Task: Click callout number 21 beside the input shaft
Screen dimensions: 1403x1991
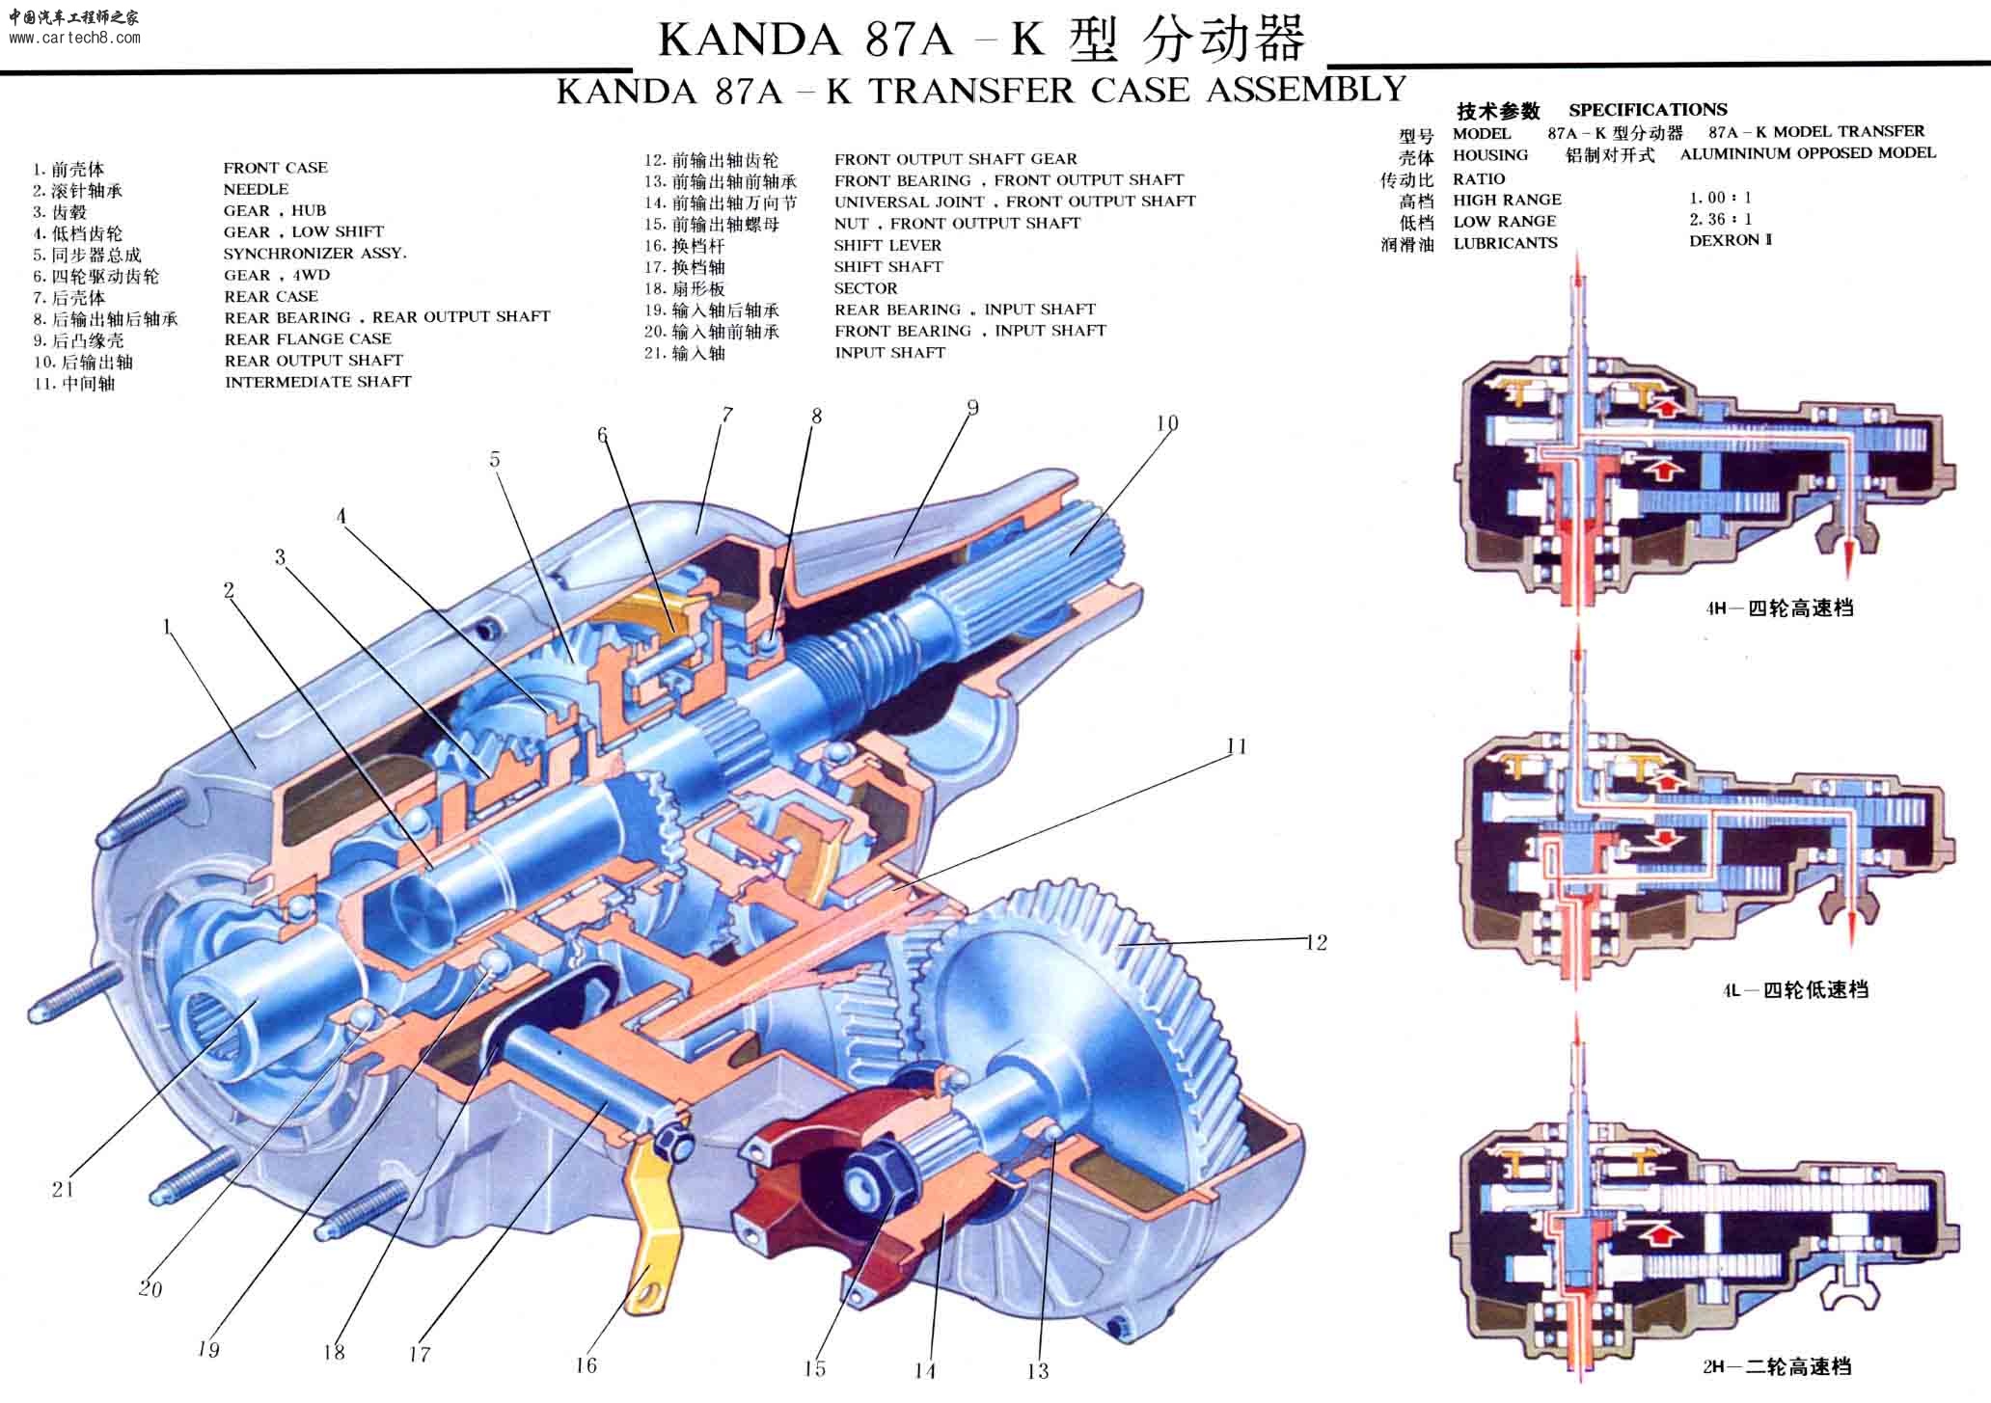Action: coord(63,1189)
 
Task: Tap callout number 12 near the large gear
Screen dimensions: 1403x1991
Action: coord(1316,942)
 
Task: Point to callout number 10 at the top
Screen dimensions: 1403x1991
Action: coord(1166,422)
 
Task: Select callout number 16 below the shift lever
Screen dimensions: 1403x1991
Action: coord(586,1364)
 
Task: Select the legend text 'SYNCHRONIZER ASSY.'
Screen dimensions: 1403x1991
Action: coord(314,254)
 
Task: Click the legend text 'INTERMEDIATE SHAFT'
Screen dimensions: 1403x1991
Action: coord(317,382)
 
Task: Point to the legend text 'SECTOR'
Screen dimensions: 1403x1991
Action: coord(865,288)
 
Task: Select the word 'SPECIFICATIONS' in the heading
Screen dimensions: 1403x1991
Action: coord(1648,110)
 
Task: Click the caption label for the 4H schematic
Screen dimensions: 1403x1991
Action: coord(1779,608)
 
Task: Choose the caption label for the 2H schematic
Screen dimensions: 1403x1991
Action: coord(1777,1366)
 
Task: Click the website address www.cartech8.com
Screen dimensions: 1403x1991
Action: coord(74,39)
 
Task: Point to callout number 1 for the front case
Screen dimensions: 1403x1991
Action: coord(167,627)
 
